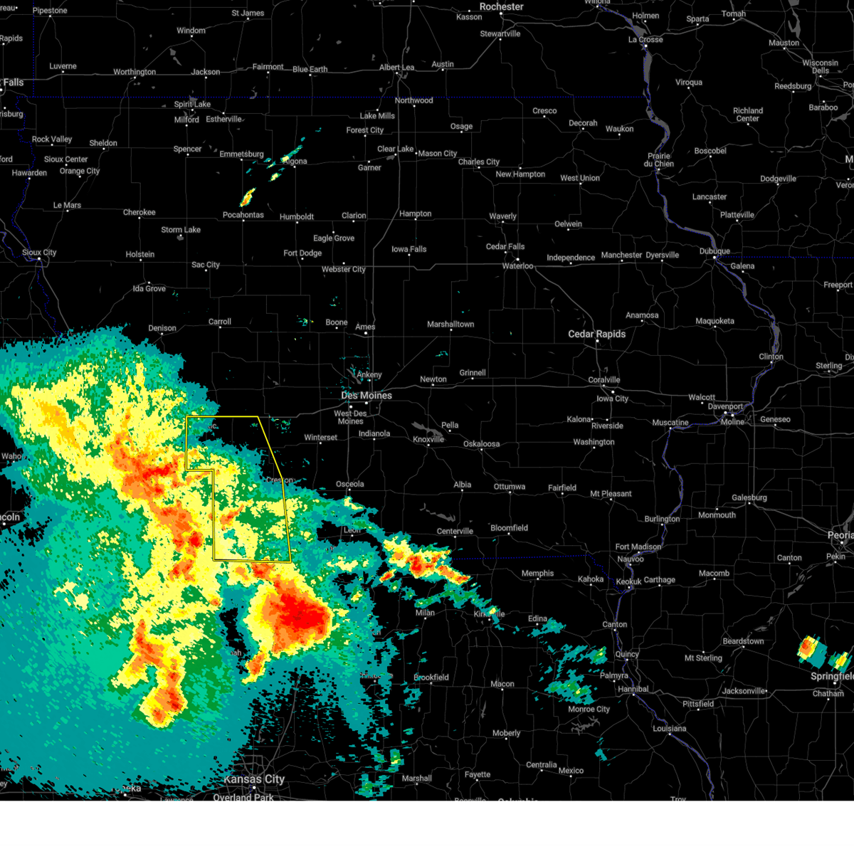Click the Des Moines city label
pos(367,396)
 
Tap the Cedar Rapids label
pos(596,334)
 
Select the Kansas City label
pos(254,779)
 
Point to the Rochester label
pos(501,6)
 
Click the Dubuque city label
pos(715,251)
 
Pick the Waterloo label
pos(517,266)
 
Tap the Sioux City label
pos(39,253)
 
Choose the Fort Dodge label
pos(302,253)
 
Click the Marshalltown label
pos(450,325)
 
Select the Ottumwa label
pos(510,487)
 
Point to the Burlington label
pos(662,519)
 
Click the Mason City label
pos(437,154)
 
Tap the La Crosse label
pos(645,40)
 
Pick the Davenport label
pos(725,407)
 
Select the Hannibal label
pos(633,689)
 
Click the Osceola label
pos(349,484)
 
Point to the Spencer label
pos(188,149)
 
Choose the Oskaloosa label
pos(481,444)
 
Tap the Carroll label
pos(220,322)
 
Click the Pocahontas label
pos(243,215)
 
